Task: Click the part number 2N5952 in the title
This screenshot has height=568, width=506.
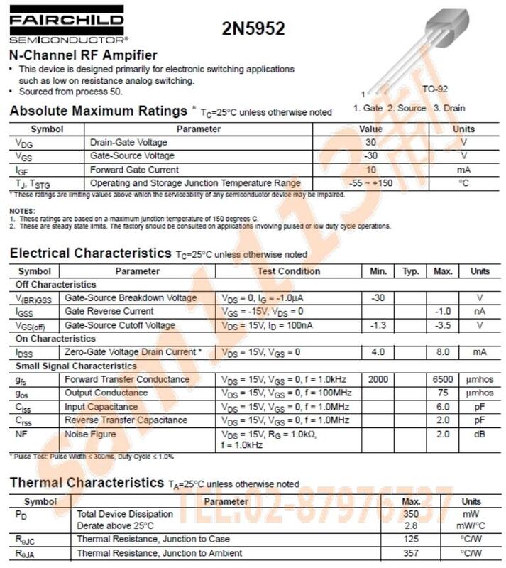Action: (x=253, y=29)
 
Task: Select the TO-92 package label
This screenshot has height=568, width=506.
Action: (x=435, y=89)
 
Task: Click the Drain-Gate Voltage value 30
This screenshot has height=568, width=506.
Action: (x=370, y=143)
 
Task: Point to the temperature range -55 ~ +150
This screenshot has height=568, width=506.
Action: (x=370, y=184)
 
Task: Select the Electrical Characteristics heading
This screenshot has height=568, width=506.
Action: (x=89, y=253)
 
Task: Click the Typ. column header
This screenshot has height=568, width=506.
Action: (x=411, y=271)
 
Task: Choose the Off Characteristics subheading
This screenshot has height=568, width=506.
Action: (x=55, y=285)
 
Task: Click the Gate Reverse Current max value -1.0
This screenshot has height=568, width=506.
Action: (x=443, y=312)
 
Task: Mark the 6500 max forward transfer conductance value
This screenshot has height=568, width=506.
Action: (x=443, y=380)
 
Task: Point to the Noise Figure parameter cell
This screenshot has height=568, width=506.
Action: (x=90, y=434)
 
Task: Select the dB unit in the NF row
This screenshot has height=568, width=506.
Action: (x=480, y=434)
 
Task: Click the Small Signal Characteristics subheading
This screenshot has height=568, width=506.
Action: (x=76, y=366)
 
